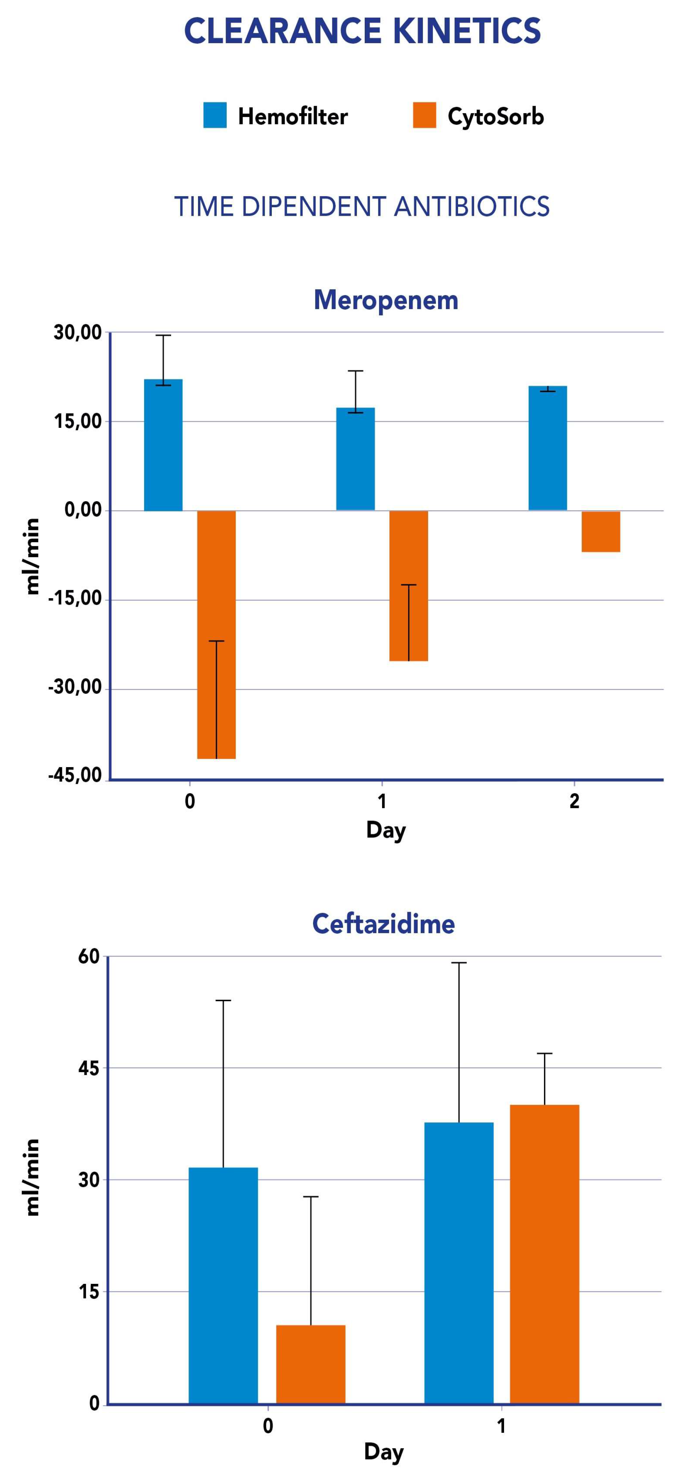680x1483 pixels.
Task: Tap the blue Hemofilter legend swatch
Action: [x=215, y=115]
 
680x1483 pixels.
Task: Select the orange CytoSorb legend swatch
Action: [x=424, y=115]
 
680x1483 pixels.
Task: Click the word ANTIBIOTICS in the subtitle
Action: [x=472, y=207]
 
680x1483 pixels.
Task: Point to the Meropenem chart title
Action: [x=386, y=300]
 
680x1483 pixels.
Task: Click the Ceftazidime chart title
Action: [x=384, y=924]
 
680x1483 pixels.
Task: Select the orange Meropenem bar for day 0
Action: [x=216, y=633]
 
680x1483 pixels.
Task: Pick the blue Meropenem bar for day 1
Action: [x=355, y=459]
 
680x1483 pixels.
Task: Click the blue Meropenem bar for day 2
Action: [x=548, y=448]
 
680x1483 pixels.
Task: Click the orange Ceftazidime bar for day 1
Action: [x=544, y=1253]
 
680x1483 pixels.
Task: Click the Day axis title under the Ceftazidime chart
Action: [x=384, y=1451]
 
